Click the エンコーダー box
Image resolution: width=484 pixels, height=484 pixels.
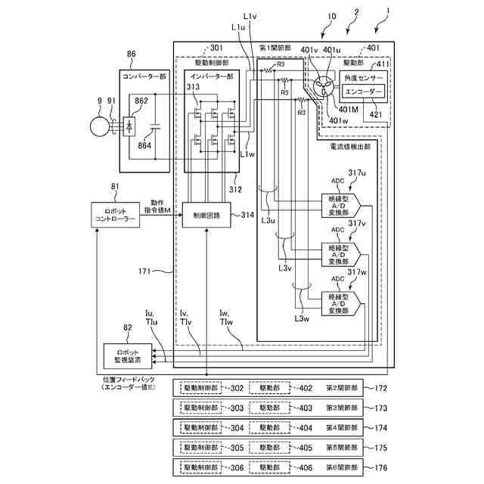pyautogui.click(x=364, y=92)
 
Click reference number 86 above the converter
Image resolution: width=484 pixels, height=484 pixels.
pyautogui.click(x=132, y=55)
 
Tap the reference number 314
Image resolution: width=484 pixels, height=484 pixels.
pyautogui.click(x=247, y=216)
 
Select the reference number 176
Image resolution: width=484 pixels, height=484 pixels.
pyautogui.click(x=380, y=467)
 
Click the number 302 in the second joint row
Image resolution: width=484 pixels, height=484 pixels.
pyautogui.click(x=237, y=389)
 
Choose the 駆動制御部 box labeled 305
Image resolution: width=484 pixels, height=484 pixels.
pyautogui.click(x=200, y=448)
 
